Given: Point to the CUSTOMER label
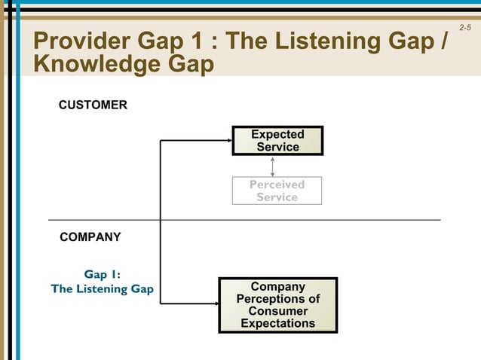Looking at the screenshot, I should pyautogui.click(x=93, y=105).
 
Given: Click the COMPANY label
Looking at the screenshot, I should pyautogui.click(x=90, y=237).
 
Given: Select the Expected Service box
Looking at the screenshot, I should pyautogui.click(x=277, y=141).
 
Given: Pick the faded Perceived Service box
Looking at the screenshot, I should pyautogui.click(x=277, y=191).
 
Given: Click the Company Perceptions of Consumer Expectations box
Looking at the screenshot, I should pyautogui.click(x=277, y=305).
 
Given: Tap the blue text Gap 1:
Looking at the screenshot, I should pyautogui.click(x=102, y=275).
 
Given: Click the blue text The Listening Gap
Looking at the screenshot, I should pyautogui.click(x=102, y=289).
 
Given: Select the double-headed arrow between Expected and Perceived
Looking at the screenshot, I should pyautogui.click(x=272, y=166).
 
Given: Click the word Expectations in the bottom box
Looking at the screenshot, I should pyautogui.click(x=277, y=323).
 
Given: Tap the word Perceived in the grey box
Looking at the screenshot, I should pyautogui.click(x=277, y=185).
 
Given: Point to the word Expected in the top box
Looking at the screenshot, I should pyautogui.click(x=277, y=135).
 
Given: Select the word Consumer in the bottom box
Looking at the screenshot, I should pyautogui.click(x=277, y=311).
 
